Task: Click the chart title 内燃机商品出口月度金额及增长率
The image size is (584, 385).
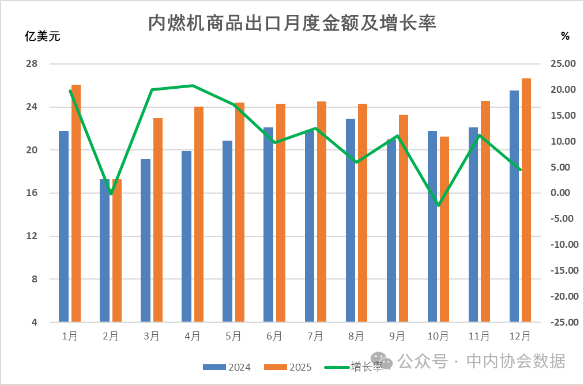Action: tap(292, 22)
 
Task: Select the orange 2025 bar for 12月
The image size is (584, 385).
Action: tap(526, 200)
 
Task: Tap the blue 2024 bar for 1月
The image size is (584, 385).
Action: tap(63, 226)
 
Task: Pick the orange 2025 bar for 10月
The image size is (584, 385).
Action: tap(444, 229)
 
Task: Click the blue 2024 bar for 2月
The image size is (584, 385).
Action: tap(104, 250)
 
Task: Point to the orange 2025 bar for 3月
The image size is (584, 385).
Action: tap(158, 220)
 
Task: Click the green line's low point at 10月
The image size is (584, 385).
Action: tap(439, 205)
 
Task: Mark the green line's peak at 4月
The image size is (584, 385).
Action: tap(193, 86)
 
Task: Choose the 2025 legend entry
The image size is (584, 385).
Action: tap(288, 367)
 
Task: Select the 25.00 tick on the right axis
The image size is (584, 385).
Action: tap(563, 64)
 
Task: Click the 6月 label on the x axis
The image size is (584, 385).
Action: tap(274, 337)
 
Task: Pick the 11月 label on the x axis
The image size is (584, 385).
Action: tap(479, 337)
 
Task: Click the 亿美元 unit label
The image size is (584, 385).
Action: tap(42, 36)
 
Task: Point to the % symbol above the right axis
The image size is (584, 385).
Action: tap(565, 36)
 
